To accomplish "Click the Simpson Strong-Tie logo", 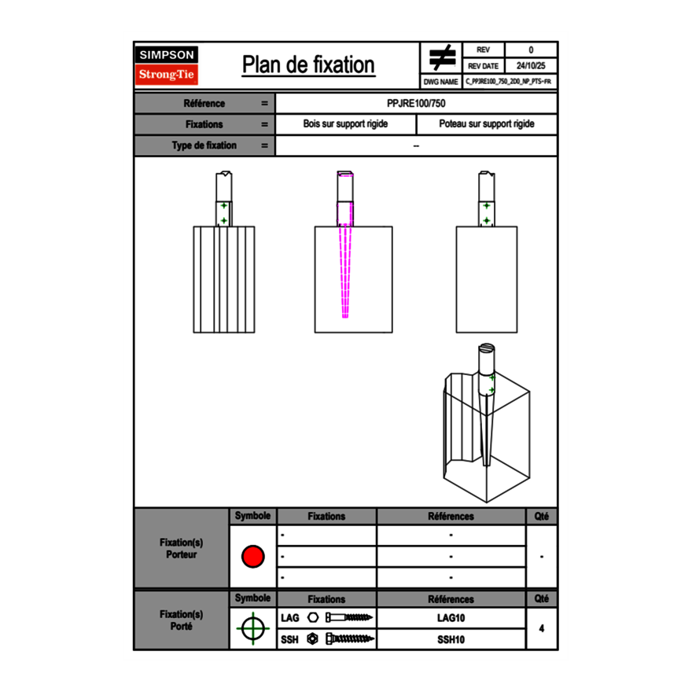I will pos(167,65).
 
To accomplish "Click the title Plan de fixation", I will pos(308,65).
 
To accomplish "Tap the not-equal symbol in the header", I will pos(442,58).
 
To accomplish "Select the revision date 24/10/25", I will pos(531,66).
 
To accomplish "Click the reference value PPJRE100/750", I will pos(417,104).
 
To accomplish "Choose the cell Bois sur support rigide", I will pos(346,124).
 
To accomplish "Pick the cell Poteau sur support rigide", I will pos(487,124).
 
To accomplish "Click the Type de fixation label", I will pos(204,145).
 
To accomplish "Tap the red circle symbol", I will pos(253,557).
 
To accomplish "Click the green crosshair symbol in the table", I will pos(253,628).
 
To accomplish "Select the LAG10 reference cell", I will pos(451,618).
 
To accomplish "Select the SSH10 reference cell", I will pos(451,639).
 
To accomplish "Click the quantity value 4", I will pos(541,628).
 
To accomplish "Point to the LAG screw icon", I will pos(347,618).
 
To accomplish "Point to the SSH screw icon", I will pos(347,639).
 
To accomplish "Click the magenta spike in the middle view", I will pos(345,271).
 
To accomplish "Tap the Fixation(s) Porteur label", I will pos(182,548).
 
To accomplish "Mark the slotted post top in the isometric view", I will pos(487,348).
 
